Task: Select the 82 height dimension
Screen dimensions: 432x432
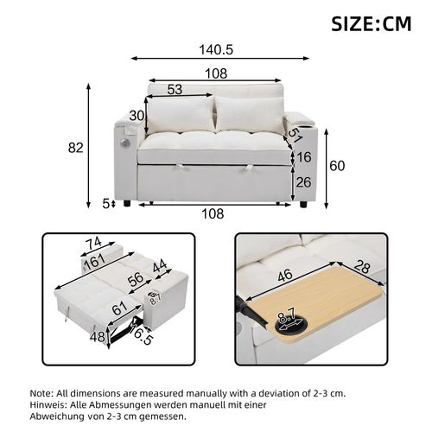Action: pos(75,148)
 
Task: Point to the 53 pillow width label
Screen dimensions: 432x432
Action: pos(174,90)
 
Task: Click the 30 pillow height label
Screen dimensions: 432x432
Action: pos(137,116)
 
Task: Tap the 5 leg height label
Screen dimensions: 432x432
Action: pos(105,204)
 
